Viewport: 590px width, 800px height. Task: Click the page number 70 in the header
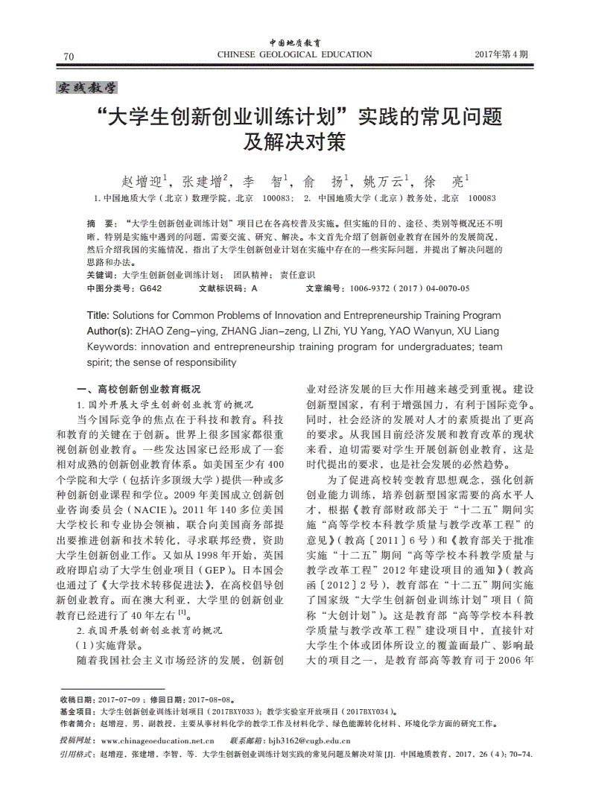pyautogui.click(x=69, y=57)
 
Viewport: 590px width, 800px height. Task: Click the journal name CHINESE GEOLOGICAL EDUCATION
pyautogui.click(x=294, y=54)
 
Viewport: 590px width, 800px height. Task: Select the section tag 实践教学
pyautogui.click(x=87, y=88)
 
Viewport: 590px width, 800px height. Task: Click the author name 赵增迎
pyautogui.click(x=145, y=181)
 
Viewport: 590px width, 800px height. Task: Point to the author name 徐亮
pyautogui.click(x=445, y=181)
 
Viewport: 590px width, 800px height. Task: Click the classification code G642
pyautogui.click(x=150, y=288)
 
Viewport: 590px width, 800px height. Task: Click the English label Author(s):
pyautogui.click(x=110, y=331)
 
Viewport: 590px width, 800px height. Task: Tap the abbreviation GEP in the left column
pyautogui.click(x=218, y=570)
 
